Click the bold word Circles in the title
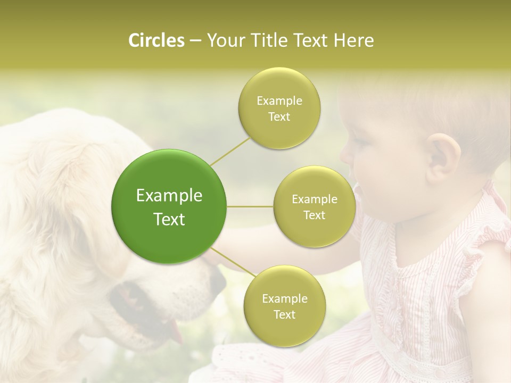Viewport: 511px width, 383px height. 156,40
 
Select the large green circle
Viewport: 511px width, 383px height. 169,206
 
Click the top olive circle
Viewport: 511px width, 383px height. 279,109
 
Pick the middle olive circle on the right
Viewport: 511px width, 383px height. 314,206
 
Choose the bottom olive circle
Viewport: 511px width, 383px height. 284,306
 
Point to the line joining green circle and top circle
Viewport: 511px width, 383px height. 230,151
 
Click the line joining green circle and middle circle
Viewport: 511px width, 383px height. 250,206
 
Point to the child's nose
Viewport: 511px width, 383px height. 347,155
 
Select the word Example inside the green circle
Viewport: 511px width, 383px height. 169,196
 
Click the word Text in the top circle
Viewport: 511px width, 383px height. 279,116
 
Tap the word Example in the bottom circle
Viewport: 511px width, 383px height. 284,298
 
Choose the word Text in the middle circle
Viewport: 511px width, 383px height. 314,215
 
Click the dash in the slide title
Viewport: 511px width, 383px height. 195,41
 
